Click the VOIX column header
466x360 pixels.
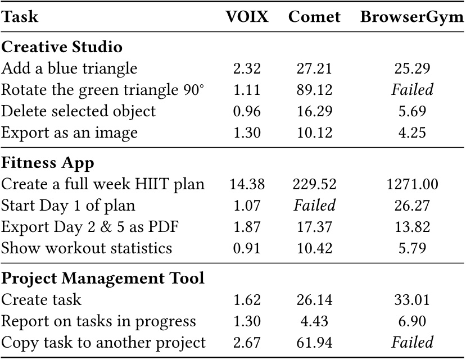pos(247,17)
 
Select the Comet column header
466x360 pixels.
pos(314,17)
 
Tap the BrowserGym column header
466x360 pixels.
pos(412,17)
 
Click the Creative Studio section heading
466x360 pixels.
pos(62,47)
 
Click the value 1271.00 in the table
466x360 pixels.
pos(413,184)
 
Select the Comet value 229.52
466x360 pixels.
pos(314,184)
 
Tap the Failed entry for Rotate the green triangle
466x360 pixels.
pos(413,90)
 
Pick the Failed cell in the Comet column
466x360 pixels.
pos(314,206)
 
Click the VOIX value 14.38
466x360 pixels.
pos(247,184)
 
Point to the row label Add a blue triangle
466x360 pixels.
pos(69,69)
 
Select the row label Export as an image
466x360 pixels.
pos(69,133)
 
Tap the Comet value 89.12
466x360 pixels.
pos(314,90)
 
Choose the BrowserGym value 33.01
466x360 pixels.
pos(413,300)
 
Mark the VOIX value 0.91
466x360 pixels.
pos(247,248)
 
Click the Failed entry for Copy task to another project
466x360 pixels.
pos(413,343)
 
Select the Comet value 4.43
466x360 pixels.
pos(314,322)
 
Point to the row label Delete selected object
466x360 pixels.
pos(78,111)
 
